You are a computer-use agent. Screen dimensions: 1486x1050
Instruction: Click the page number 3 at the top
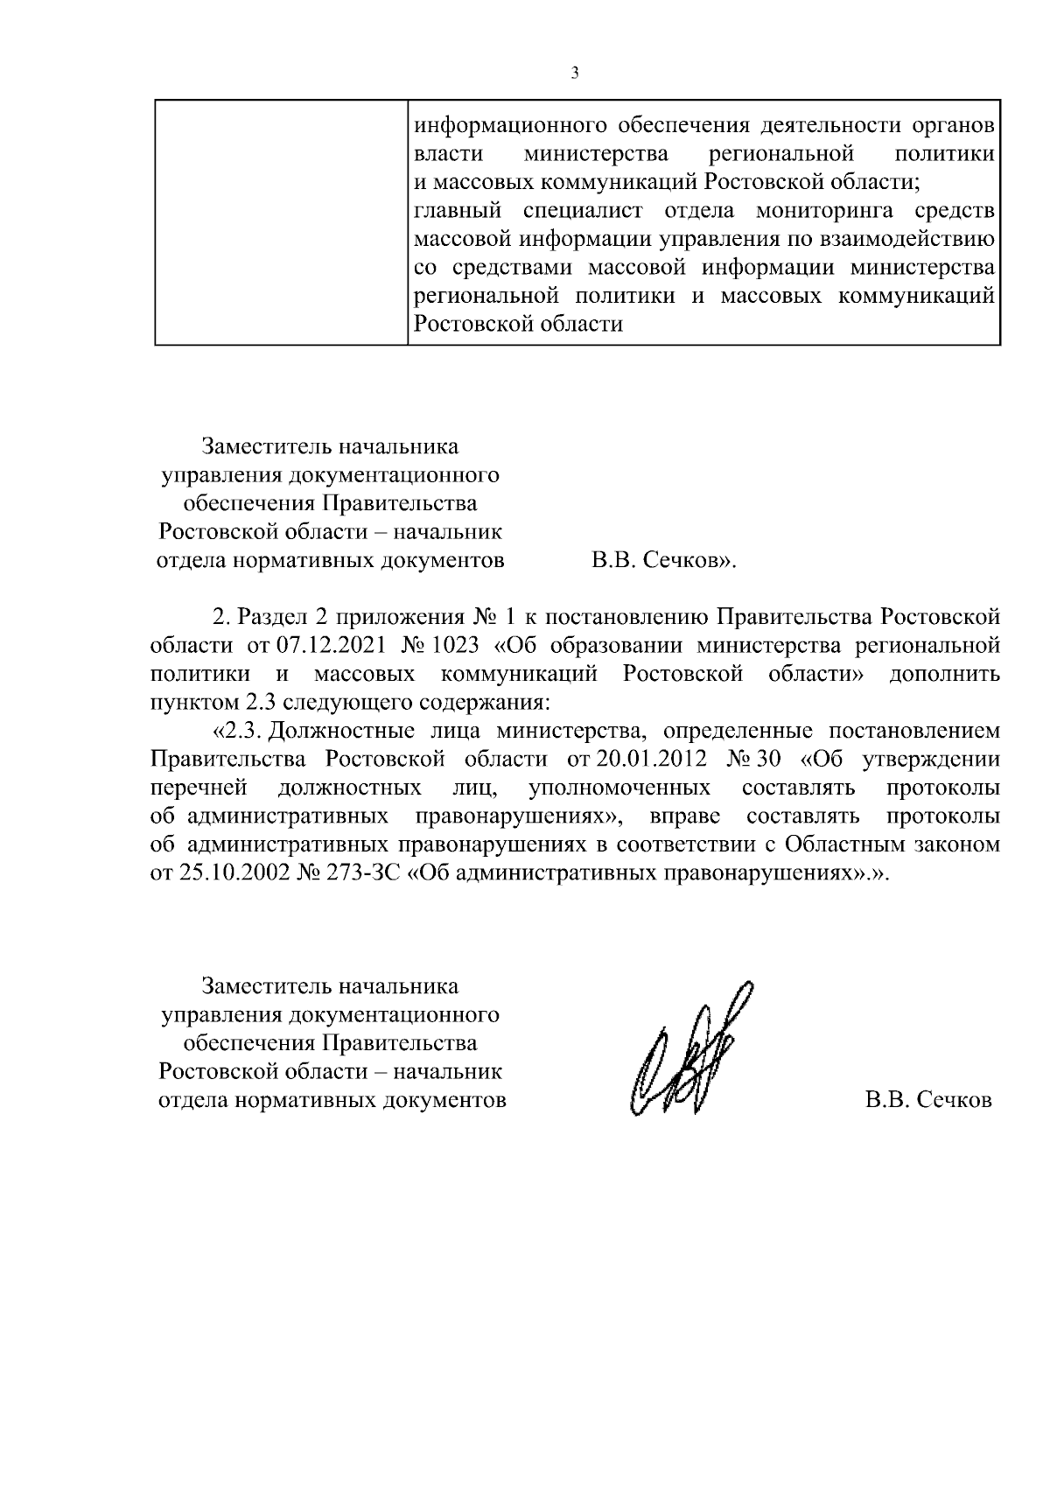point(575,74)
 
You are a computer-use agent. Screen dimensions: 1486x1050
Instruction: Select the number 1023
point(456,646)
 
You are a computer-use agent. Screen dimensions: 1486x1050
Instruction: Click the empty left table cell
point(281,222)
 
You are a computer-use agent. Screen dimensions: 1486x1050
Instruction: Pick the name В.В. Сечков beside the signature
point(928,1100)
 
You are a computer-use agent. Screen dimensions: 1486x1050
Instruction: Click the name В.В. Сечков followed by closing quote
point(664,561)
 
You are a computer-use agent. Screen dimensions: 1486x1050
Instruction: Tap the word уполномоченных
point(619,788)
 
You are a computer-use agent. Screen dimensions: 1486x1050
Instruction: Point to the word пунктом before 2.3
point(190,703)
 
